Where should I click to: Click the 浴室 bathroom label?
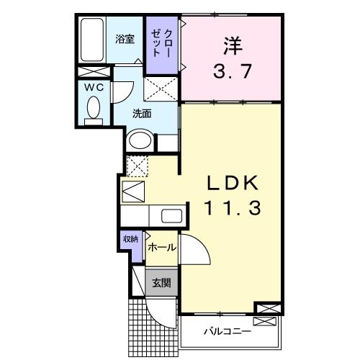pos(125,40)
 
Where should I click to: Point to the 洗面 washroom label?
pos(141,113)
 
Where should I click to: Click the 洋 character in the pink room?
pos(230,45)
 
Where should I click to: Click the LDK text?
pos(230,182)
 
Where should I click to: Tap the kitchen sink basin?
pos(172,216)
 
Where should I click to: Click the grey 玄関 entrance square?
pos(161,283)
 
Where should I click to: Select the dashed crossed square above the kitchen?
pos(136,166)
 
